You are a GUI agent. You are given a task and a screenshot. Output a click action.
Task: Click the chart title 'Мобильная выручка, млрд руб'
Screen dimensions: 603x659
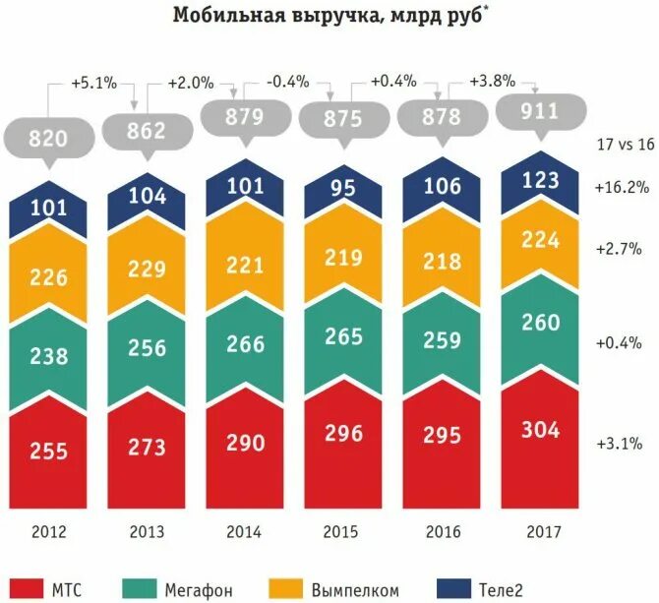[329, 17]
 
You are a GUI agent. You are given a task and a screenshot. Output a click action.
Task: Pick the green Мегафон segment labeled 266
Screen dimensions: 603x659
[245, 344]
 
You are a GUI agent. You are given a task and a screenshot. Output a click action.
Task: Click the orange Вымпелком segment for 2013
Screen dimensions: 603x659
[147, 271]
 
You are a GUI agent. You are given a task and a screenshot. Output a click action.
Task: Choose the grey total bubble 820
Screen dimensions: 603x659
[48, 137]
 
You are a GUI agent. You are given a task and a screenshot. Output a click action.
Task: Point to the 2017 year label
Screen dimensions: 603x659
[542, 531]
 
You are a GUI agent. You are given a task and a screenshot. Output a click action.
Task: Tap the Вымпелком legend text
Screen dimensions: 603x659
[355, 590]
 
